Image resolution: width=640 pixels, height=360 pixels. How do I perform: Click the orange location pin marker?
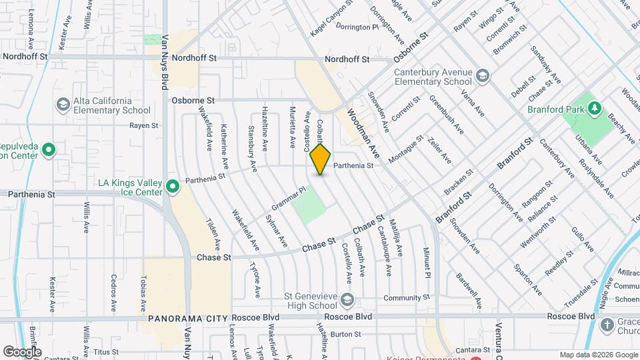[x=320, y=159]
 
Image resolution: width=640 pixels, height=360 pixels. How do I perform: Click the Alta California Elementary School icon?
[x=63, y=105]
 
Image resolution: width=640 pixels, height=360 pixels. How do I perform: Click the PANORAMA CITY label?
[x=187, y=318]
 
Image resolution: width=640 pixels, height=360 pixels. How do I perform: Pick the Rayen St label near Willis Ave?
[x=144, y=125]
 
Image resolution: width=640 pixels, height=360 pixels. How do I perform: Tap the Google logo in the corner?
[x=22, y=351]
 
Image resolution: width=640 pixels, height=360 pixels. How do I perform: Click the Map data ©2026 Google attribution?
[x=597, y=355]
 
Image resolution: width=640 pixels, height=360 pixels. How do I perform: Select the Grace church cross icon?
[x=607, y=325]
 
